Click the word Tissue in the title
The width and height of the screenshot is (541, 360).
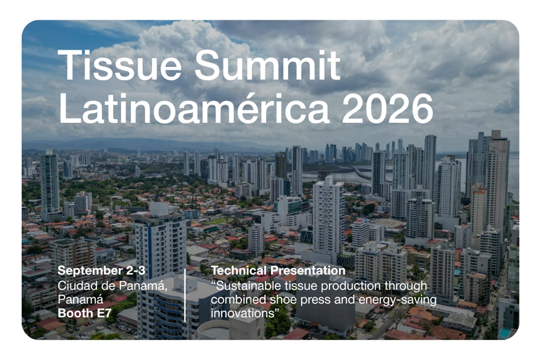(x=120, y=65)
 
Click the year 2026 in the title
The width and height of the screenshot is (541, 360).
(x=387, y=108)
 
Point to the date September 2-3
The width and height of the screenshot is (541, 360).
(x=102, y=271)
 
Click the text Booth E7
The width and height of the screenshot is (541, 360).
(x=84, y=313)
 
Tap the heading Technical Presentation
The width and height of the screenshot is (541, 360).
(x=278, y=271)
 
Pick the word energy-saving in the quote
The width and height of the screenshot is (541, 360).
(x=398, y=300)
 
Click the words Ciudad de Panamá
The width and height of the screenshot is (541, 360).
(x=113, y=286)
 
